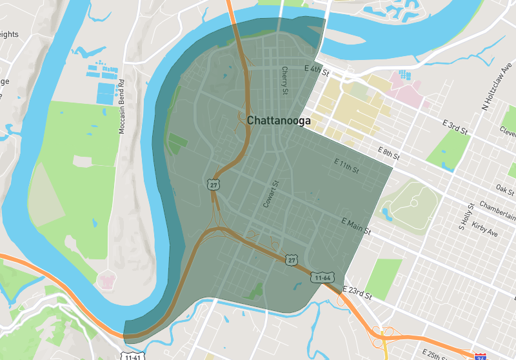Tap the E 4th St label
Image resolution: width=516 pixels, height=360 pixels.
click(316, 69)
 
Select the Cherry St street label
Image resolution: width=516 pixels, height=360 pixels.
click(284, 81)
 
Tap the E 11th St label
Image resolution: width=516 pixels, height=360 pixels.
click(346, 165)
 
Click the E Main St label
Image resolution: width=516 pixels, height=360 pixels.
click(356, 226)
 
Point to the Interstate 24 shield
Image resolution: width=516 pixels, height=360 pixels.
click(480, 356)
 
